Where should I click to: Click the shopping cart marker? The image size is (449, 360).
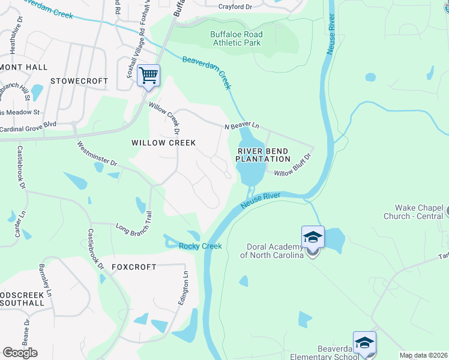point(148,76)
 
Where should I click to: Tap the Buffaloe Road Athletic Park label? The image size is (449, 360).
point(236,39)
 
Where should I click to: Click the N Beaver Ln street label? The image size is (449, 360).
point(241,126)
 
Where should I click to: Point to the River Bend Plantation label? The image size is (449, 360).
point(263,155)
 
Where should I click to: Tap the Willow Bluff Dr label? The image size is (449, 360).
point(293,165)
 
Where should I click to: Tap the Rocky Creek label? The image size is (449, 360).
point(200,246)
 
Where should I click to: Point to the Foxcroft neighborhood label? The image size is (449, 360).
point(134,267)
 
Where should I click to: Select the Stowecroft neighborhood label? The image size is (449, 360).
point(79,81)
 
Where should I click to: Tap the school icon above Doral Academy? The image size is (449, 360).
point(313,238)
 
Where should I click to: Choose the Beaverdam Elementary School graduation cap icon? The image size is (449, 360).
point(364,343)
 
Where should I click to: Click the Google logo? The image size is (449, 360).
point(20,353)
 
